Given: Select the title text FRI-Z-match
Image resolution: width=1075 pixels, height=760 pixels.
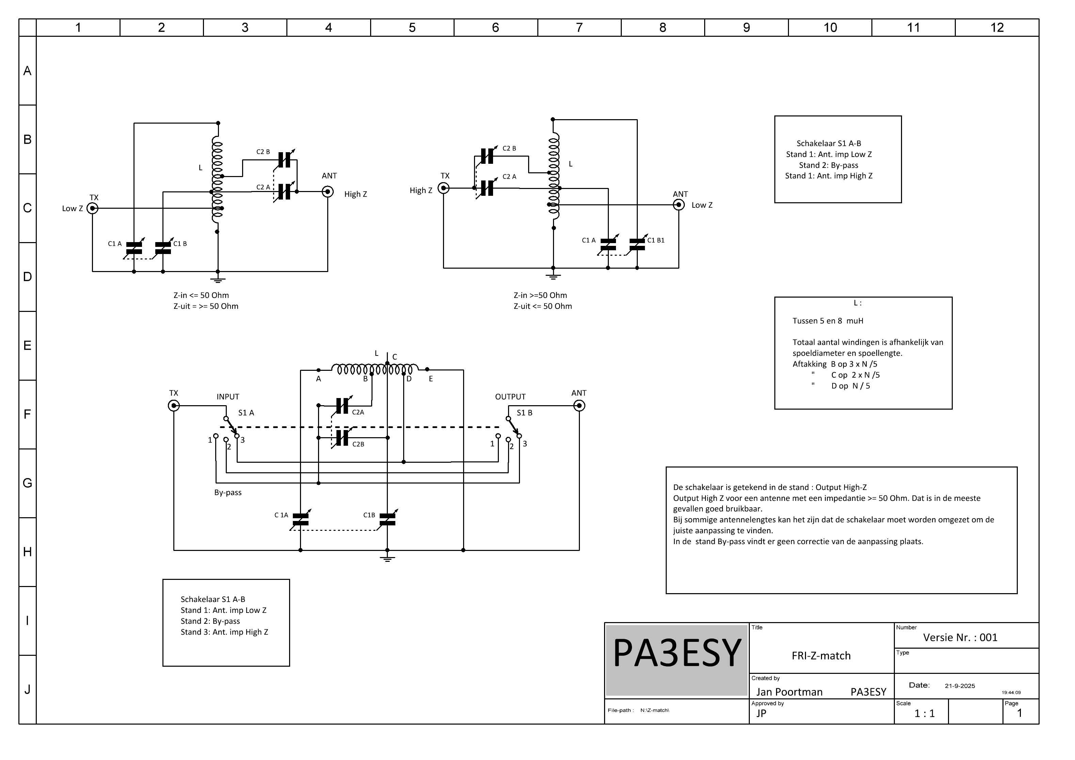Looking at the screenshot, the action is pos(821,655).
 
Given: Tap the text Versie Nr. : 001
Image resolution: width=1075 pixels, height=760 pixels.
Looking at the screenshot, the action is pos(960,637).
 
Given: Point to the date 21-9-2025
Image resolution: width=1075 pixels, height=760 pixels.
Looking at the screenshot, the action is pos(960,686).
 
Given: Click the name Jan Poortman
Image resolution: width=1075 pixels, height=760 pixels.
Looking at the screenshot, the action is pos(789,692).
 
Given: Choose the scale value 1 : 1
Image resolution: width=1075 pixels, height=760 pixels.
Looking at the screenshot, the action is pos(925,713).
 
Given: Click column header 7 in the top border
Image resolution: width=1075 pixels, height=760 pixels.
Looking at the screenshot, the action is pos(579,28).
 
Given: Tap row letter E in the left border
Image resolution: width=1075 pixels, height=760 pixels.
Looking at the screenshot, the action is pos(27,346).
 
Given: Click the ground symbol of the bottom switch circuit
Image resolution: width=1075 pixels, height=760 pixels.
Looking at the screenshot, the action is pos(387,558).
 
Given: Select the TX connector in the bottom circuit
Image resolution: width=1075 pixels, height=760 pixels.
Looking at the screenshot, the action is pos(174,406).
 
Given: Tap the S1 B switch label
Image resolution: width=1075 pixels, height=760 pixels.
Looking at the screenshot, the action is pos(524,413).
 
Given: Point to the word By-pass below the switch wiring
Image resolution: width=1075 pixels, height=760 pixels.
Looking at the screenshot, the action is pos(228,493).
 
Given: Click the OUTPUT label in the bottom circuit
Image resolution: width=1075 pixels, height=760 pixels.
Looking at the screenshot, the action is pos(510,397).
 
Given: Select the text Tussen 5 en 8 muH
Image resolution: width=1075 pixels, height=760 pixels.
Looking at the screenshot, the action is pos(828,321).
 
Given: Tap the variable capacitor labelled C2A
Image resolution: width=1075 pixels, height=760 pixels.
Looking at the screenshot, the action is pos(342,406).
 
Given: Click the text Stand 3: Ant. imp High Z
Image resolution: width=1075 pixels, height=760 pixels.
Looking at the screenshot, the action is pos(224,632).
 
